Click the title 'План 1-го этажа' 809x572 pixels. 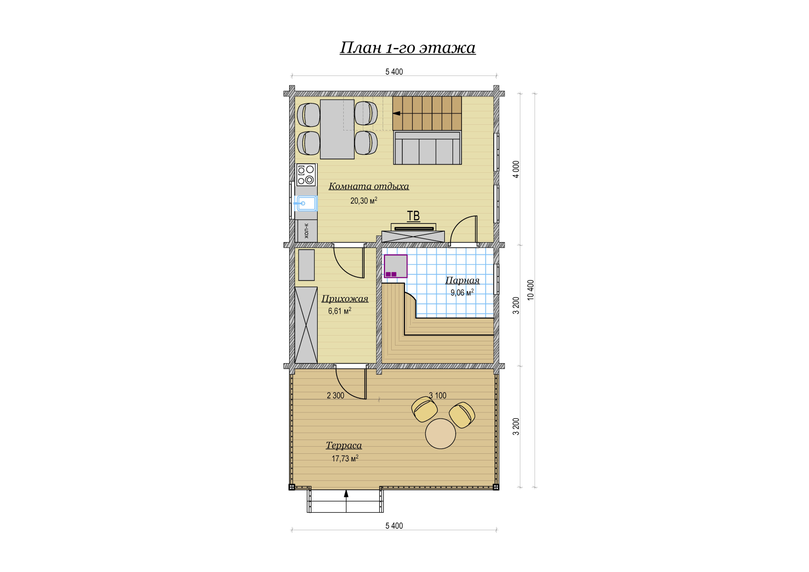click(x=407, y=47)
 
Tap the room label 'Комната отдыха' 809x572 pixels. click(x=369, y=187)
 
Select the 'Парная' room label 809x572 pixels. click(x=462, y=280)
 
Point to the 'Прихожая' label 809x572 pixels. click(x=345, y=299)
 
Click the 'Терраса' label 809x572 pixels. click(x=344, y=445)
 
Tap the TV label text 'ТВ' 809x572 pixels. click(x=414, y=216)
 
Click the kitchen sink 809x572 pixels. click(x=306, y=203)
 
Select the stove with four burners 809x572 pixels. click(x=306, y=175)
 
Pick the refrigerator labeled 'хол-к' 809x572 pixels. click(x=306, y=231)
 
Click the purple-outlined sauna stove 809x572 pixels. click(x=395, y=266)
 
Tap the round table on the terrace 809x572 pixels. click(x=440, y=433)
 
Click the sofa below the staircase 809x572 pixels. click(x=427, y=148)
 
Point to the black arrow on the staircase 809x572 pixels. click(x=396, y=113)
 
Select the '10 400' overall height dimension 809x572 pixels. click(x=530, y=290)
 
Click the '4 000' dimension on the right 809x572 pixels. click(x=516, y=169)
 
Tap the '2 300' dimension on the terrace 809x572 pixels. click(x=336, y=396)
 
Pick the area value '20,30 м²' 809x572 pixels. click(x=364, y=200)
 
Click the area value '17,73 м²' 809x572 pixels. click(x=345, y=459)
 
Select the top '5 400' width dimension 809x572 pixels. click(x=394, y=72)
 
